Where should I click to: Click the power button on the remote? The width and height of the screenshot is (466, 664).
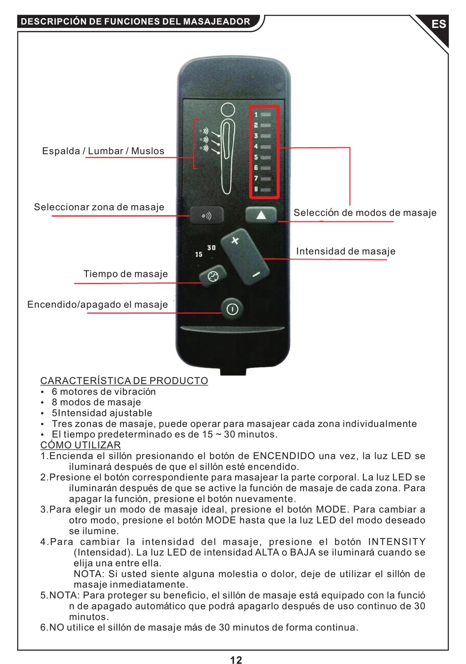click(232, 309)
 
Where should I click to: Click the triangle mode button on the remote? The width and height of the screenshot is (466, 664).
click(260, 215)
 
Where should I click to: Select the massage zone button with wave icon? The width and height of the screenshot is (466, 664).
click(207, 215)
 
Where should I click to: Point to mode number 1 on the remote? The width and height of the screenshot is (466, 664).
click(256, 115)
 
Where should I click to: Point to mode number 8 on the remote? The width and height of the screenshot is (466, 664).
click(256, 189)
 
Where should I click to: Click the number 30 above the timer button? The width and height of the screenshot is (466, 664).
click(211, 248)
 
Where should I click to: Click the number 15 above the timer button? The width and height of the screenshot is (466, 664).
click(199, 254)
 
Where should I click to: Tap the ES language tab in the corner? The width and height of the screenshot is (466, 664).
click(439, 24)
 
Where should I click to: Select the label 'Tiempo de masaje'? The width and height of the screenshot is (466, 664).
click(126, 274)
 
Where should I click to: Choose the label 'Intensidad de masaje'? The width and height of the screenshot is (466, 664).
click(345, 251)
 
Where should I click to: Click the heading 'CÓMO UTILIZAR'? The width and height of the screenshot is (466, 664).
click(80, 445)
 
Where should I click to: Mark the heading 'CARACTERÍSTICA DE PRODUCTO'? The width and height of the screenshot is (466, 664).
click(124, 381)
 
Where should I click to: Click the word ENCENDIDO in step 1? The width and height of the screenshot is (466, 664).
click(284, 456)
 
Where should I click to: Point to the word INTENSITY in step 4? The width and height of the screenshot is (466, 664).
click(397, 542)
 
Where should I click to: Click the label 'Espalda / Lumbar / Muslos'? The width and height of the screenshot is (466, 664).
click(103, 151)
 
